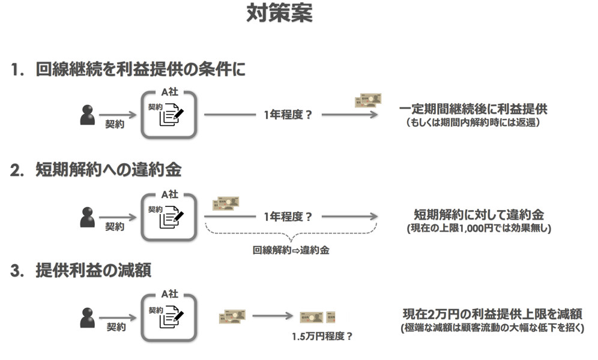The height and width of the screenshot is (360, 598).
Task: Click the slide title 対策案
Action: point(280,14)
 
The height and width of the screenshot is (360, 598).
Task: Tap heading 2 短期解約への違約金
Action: point(107,170)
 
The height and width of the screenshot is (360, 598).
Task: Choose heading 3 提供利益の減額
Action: point(92,271)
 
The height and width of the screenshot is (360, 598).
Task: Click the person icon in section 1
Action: point(88,115)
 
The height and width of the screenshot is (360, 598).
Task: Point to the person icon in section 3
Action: point(88,317)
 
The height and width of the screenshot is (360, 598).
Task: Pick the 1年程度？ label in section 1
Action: point(288,116)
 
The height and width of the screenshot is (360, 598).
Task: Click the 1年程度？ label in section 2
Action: point(288,217)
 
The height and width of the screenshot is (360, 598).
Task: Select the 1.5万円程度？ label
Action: point(322,336)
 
